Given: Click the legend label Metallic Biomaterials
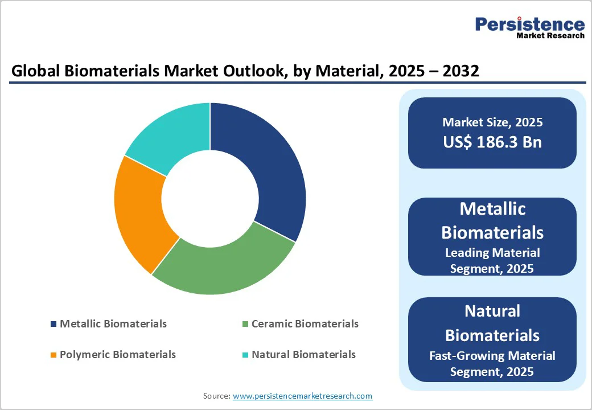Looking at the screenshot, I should [x=113, y=324].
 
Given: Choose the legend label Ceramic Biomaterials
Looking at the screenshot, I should [x=305, y=324].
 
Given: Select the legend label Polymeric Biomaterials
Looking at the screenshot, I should [x=118, y=355].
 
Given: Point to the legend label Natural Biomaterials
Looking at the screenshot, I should [x=303, y=355].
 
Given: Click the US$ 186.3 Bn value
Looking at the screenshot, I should [x=492, y=142].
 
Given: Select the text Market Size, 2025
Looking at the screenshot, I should [x=492, y=122].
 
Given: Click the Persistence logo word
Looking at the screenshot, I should [x=529, y=24].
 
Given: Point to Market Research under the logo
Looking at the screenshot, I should [x=550, y=36].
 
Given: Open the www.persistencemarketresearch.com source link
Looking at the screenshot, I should [x=302, y=396].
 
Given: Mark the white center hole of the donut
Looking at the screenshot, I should [x=210, y=198].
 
